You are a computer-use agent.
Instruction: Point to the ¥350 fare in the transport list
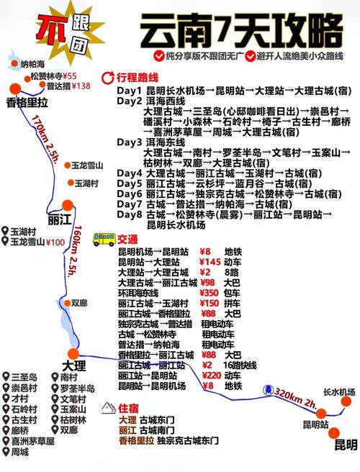(x=209, y=294)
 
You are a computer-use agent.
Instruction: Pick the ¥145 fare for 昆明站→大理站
(x=209, y=263)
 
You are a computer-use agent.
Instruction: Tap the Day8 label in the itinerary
(x=130, y=214)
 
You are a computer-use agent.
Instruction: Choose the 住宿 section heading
(x=129, y=407)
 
